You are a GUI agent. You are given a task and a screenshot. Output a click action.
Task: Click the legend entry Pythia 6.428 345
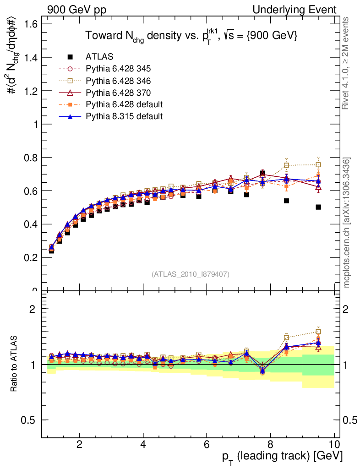(118, 69)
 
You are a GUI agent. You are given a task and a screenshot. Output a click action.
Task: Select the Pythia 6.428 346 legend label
(118, 81)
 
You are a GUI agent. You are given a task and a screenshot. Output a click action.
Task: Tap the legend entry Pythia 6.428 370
(118, 93)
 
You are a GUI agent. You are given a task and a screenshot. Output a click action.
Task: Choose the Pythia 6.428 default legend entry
(124, 104)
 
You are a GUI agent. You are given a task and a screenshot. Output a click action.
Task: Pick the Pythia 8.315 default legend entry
(124, 116)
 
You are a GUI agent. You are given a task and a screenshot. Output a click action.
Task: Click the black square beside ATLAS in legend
(70, 57)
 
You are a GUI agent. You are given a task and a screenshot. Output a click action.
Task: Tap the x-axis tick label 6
(207, 444)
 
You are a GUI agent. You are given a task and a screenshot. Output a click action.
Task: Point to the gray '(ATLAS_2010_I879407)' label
(191, 274)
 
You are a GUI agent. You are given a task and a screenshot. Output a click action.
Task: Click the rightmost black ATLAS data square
(318, 207)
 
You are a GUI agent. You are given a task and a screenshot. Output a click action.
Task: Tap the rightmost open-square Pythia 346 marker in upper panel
(318, 164)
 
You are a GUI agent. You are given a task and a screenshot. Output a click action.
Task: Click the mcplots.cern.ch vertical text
(347, 222)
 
